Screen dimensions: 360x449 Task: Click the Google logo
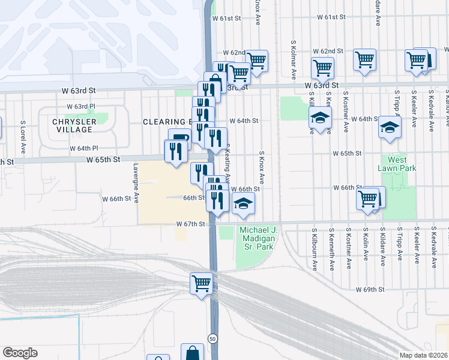[20, 353]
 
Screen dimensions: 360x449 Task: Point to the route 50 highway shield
[212, 338]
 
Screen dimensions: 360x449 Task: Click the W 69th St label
[369, 290]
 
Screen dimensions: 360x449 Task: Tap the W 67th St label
[190, 224]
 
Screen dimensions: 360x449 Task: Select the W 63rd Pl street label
[81, 106]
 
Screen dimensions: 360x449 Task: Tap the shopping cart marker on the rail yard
[201, 283]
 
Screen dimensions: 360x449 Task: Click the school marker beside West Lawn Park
[390, 128]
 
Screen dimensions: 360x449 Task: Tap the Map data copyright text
[424, 355]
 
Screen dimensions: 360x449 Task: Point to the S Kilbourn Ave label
[315, 248]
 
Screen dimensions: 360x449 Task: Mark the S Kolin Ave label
[365, 248]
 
